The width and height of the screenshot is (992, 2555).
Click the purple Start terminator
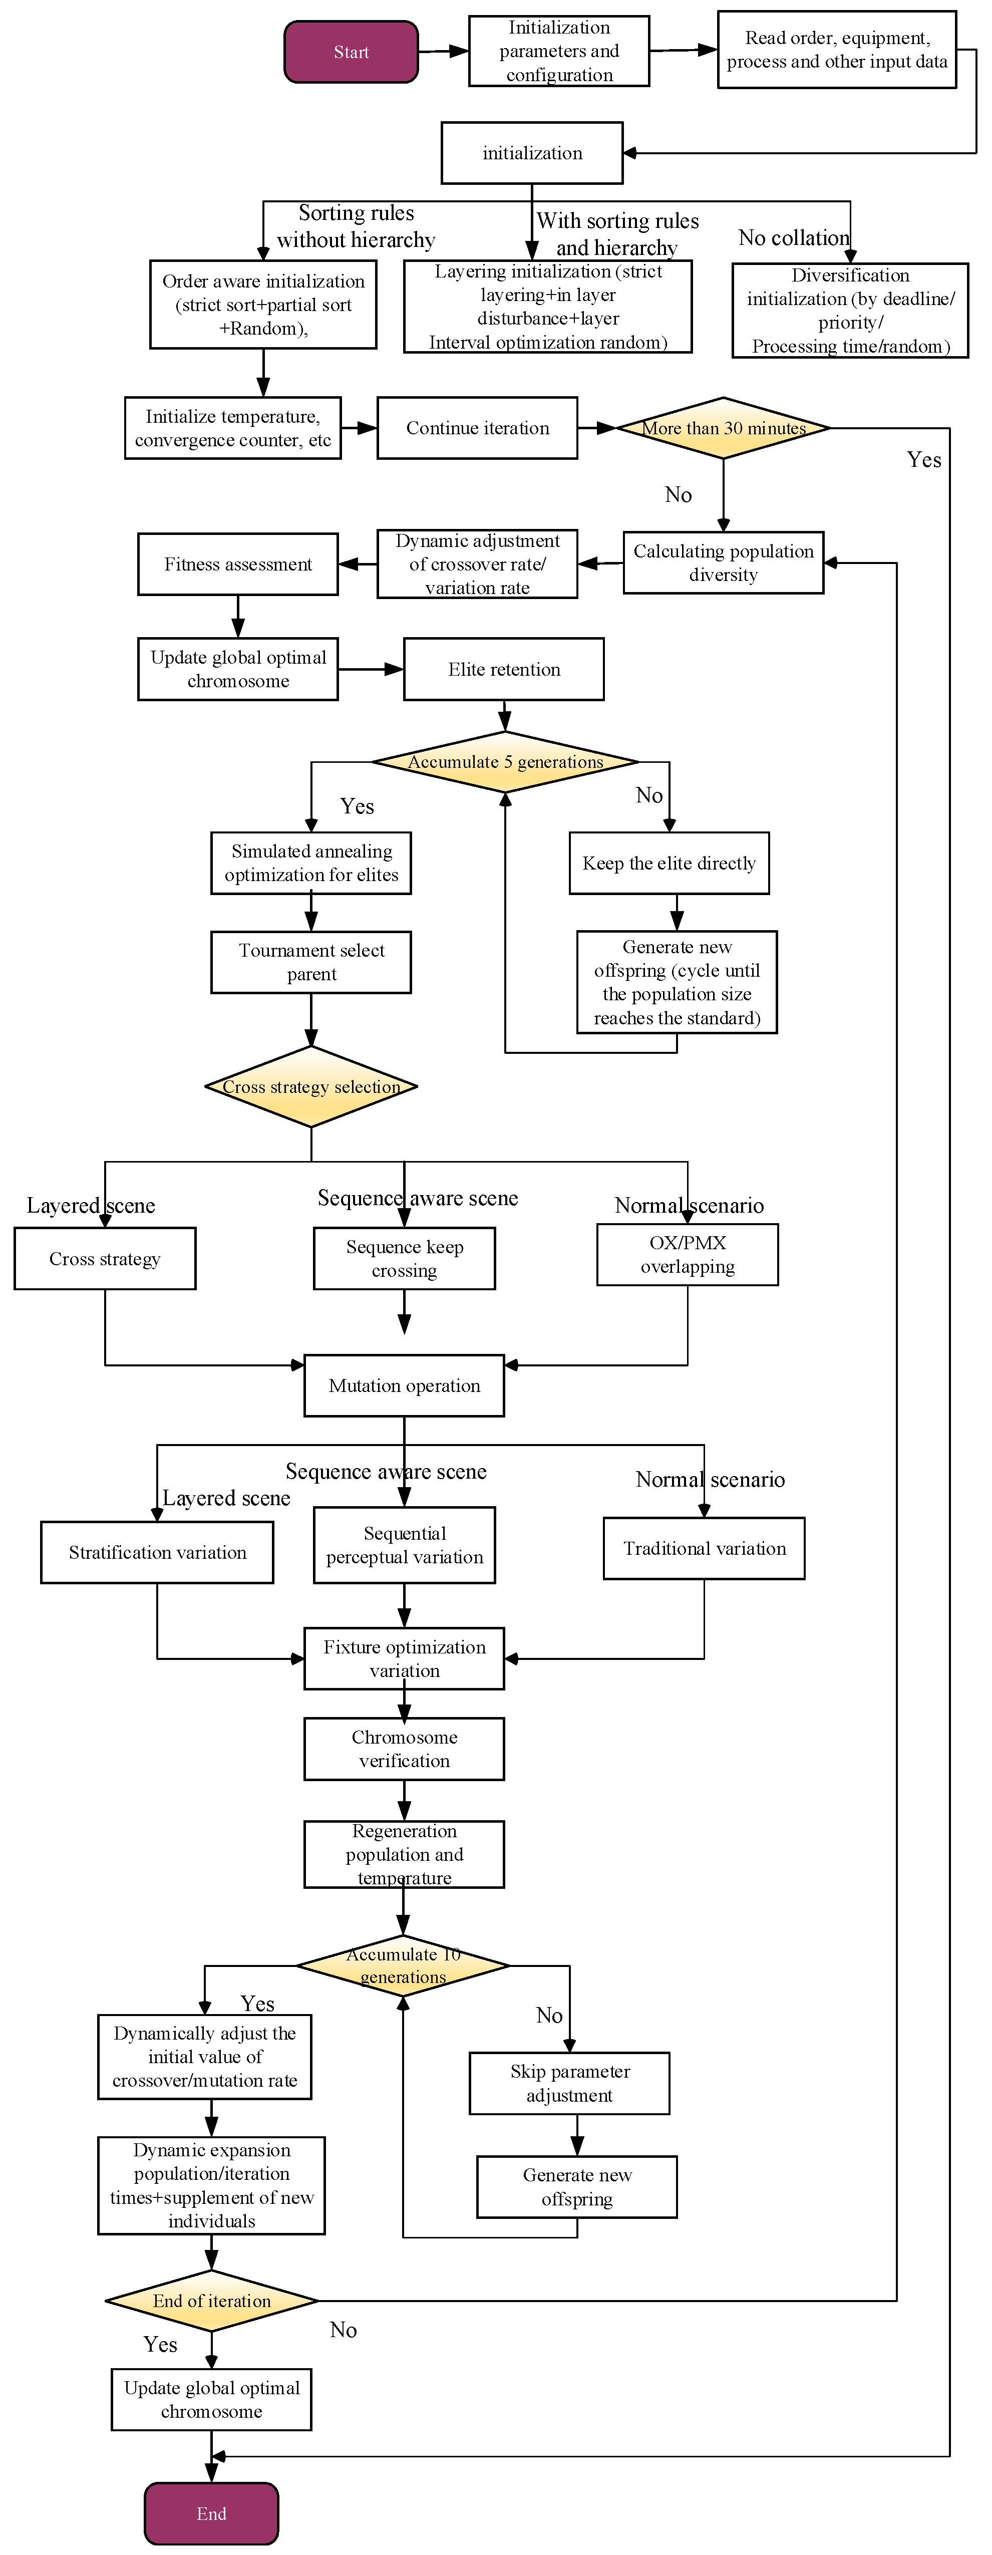pos(351,52)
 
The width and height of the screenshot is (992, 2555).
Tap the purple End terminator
pos(211,2513)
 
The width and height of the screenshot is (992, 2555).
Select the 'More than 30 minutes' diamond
pos(723,427)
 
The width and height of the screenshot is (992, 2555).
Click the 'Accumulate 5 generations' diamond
pos(505,762)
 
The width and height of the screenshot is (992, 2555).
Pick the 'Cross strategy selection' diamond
pos(311,1086)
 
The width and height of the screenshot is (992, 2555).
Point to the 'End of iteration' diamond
pos(211,2300)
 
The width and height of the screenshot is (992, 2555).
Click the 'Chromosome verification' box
pos(404,1749)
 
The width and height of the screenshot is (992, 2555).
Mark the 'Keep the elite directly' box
pos(669,863)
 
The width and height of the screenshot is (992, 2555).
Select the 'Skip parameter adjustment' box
pos(569,2083)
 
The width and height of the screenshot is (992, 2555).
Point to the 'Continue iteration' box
pos(477,427)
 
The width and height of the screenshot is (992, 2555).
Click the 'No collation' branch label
pos(794,238)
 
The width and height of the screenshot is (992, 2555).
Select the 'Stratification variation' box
pos(157,1552)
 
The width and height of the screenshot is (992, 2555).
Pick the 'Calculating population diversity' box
pos(723,562)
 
